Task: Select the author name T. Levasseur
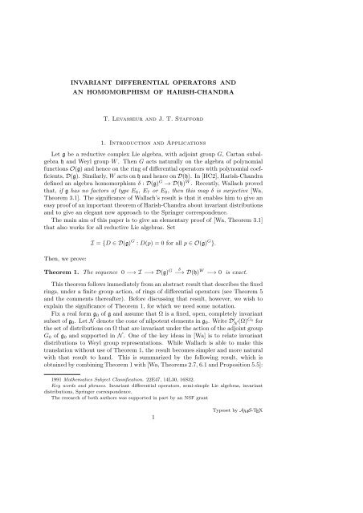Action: [143, 127]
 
